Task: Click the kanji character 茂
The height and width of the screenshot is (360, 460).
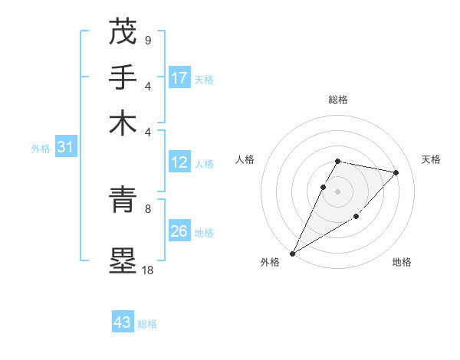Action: (x=123, y=32)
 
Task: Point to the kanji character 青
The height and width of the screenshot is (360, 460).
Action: (x=123, y=201)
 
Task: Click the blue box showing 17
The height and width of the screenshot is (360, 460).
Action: (x=179, y=78)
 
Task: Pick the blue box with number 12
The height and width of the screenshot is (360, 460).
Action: (x=179, y=162)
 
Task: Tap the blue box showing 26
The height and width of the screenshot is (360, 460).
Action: (x=179, y=231)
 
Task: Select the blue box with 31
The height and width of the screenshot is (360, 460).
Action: (x=65, y=148)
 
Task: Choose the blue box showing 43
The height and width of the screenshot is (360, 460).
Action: (x=122, y=322)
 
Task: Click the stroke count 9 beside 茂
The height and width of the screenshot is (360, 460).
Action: (x=147, y=40)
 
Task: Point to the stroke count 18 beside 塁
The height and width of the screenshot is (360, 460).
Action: (x=147, y=270)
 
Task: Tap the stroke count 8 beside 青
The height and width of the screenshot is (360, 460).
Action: (x=147, y=208)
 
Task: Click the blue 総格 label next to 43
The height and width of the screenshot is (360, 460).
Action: (x=147, y=324)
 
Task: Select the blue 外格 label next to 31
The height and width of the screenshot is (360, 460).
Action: (x=41, y=149)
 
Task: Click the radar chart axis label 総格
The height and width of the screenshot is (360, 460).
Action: (x=338, y=100)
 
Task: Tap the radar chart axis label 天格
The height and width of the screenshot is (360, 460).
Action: (x=431, y=159)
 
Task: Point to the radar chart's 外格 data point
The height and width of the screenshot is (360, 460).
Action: (x=292, y=254)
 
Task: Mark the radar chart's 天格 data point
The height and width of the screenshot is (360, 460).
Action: (x=396, y=172)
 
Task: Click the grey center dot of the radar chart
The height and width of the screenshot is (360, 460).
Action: (x=338, y=191)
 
